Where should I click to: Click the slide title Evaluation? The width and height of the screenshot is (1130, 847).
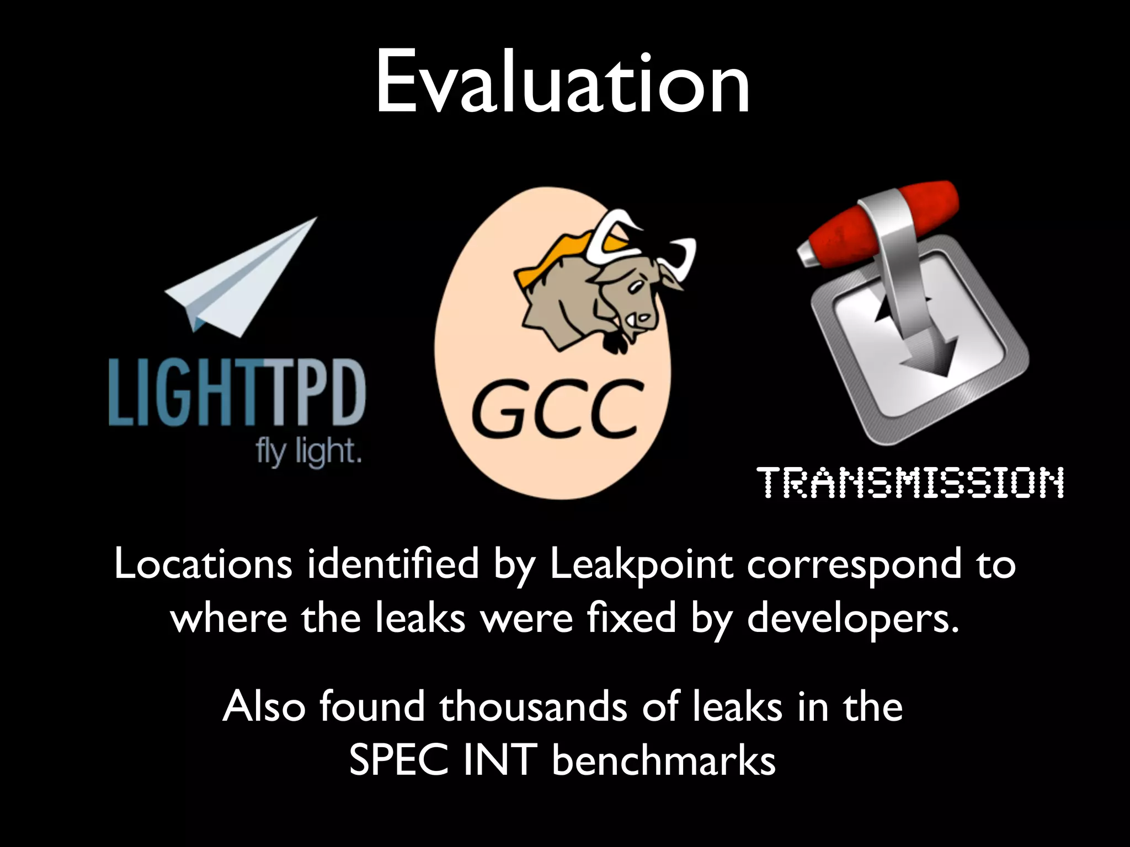(x=563, y=83)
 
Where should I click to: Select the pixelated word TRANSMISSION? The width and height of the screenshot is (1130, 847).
(x=913, y=483)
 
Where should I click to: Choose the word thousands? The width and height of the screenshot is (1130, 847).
(x=533, y=707)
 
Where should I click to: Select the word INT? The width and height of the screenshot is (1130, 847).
(x=500, y=762)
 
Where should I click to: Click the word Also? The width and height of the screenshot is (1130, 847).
(x=264, y=707)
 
